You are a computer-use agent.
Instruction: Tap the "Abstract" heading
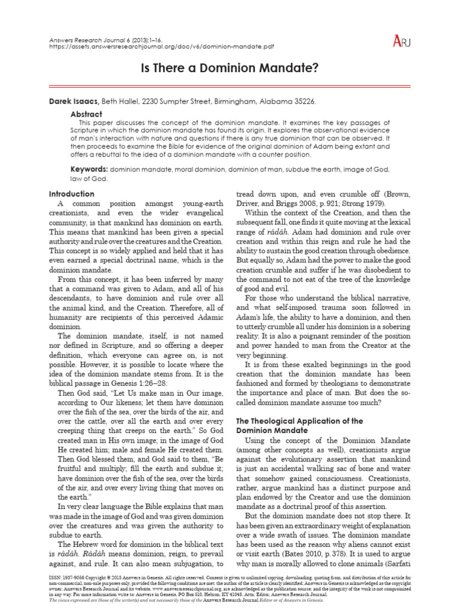(x=87, y=114)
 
